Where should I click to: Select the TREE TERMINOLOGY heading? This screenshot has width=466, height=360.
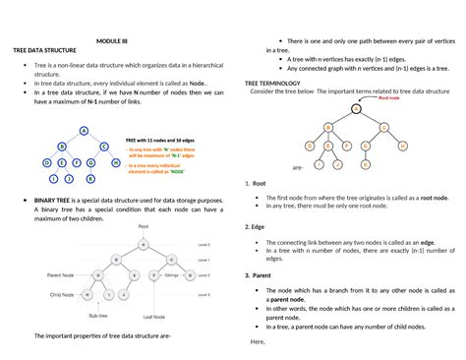(274, 86)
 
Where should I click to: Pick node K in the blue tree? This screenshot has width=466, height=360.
(90, 178)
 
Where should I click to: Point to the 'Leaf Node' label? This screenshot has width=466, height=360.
(154, 316)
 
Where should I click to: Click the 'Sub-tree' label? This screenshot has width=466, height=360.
(98, 316)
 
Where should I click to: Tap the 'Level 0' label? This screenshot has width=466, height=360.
(204, 244)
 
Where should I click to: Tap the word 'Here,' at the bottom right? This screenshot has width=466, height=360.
(259, 340)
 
